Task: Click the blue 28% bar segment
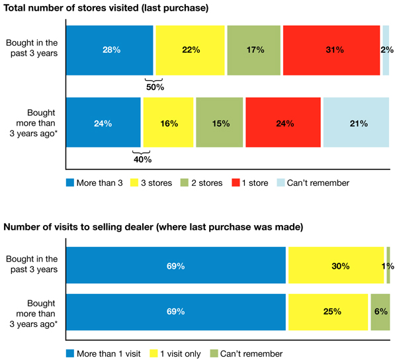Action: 110,50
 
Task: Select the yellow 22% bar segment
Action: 189,50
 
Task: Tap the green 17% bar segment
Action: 253,50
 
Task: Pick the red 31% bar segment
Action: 331,50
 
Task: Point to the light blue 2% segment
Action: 386,50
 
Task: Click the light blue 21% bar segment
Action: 356,122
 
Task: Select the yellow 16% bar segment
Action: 168,122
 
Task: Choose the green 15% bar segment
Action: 220,122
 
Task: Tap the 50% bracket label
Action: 155,87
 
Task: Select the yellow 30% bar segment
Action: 335,265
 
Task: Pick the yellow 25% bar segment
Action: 328,311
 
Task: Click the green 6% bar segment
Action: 379,311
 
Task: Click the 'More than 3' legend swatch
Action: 71,183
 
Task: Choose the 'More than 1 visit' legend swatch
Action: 71,353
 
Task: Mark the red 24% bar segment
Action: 283,122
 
